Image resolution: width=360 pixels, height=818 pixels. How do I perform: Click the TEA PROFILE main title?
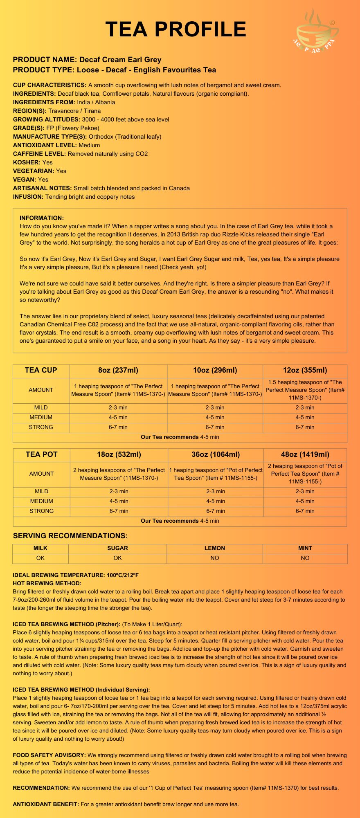click(x=176, y=29)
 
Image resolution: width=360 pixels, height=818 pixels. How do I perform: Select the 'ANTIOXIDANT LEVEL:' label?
click(x=45, y=145)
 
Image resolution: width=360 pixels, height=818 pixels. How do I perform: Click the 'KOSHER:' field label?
click(x=27, y=162)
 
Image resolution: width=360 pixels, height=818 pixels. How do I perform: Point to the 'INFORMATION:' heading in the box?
click(x=42, y=218)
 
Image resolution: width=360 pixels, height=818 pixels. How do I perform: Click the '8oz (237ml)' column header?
click(x=118, y=371)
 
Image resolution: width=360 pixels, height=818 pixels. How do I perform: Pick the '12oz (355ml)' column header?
click(x=305, y=371)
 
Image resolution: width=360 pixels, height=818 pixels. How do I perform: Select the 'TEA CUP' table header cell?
click(x=41, y=371)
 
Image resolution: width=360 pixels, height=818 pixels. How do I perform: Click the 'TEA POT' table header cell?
click(x=41, y=454)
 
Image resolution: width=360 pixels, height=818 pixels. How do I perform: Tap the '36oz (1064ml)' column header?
click(x=216, y=454)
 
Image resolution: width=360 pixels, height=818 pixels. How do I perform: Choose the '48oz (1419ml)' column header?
click(x=305, y=454)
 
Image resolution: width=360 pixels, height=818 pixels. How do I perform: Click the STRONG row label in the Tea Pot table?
click(x=41, y=511)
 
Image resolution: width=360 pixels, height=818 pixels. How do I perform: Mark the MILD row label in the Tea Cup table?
click(x=41, y=407)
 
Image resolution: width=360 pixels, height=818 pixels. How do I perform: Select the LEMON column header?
click(x=215, y=548)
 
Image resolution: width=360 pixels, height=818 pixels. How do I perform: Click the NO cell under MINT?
click(x=305, y=558)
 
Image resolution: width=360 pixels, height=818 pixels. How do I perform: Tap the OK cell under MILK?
click(x=40, y=558)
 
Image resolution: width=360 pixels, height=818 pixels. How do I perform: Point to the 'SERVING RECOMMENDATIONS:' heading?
click(x=70, y=536)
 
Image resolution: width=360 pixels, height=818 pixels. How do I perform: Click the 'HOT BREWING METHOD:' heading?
click(x=47, y=583)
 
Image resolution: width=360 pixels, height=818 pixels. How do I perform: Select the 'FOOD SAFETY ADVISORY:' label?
click(x=49, y=755)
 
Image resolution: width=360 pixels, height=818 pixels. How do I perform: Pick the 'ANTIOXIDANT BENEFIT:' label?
click(x=46, y=804)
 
